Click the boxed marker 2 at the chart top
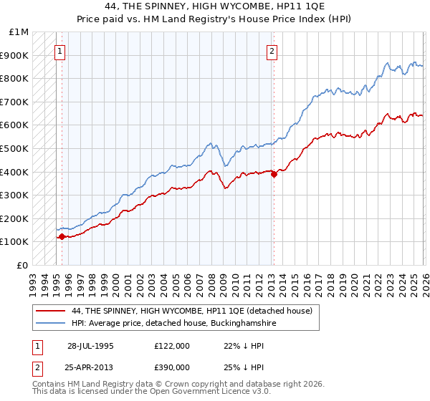(x=272, y=51)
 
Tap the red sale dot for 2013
(x=274, y=174)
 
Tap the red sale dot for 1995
(x=62, y=236)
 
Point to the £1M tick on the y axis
(x=19, y=32)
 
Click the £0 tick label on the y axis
(x=22, y=265)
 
